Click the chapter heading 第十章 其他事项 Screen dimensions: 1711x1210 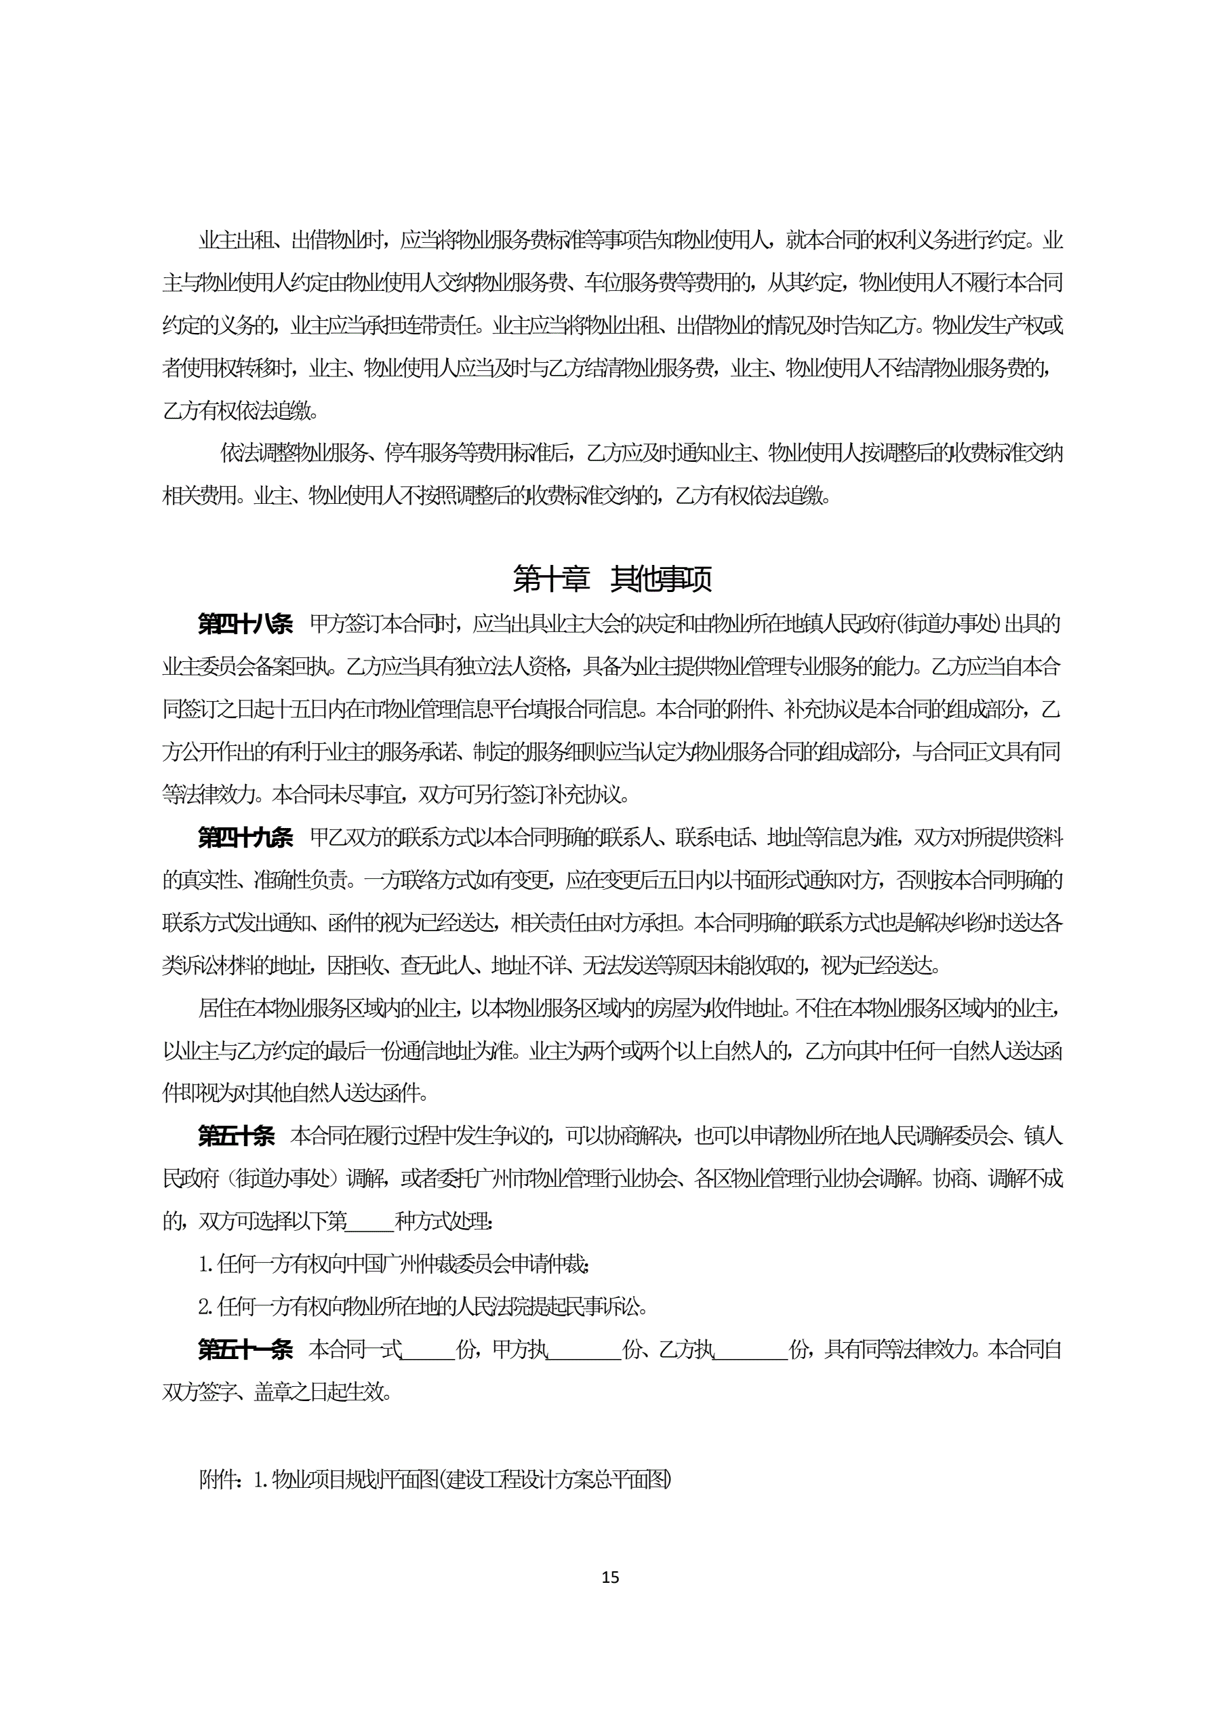click(x=611, y=579)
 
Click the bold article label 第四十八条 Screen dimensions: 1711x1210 click(x=245, y=624)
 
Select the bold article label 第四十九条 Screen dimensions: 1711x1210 click(x=245, y=838)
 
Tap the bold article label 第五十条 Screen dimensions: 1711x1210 click(x=235, y=1137)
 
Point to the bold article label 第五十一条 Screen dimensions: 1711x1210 click(x=245, y=1350)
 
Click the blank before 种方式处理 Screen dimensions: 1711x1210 click(x=370, y=1222)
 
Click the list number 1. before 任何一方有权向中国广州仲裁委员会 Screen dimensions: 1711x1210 click(x=206, y=1265)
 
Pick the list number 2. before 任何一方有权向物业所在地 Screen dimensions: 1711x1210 click(x=206, y=1307)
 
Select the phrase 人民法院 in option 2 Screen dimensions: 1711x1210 click(x=494, y=1307)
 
